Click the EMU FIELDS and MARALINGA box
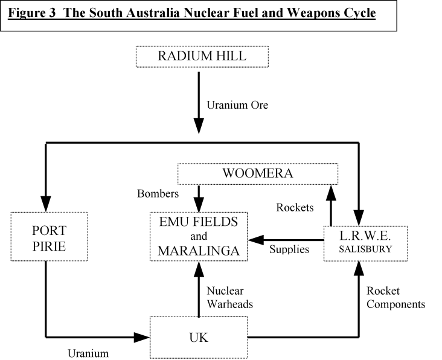pos(199,237)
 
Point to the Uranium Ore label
pos(237,105)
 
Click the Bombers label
pos(158,194)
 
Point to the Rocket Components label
pos(396,297)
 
